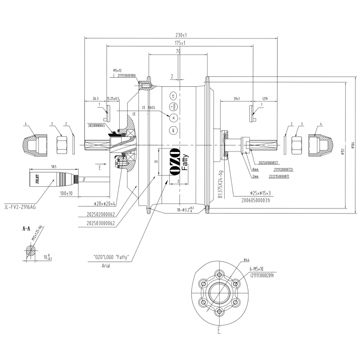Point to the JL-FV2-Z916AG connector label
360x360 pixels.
pos(20,206)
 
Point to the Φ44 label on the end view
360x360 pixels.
pos(246,260)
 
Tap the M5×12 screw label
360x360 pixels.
pos(118,70)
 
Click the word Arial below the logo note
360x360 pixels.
pos(106,266)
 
